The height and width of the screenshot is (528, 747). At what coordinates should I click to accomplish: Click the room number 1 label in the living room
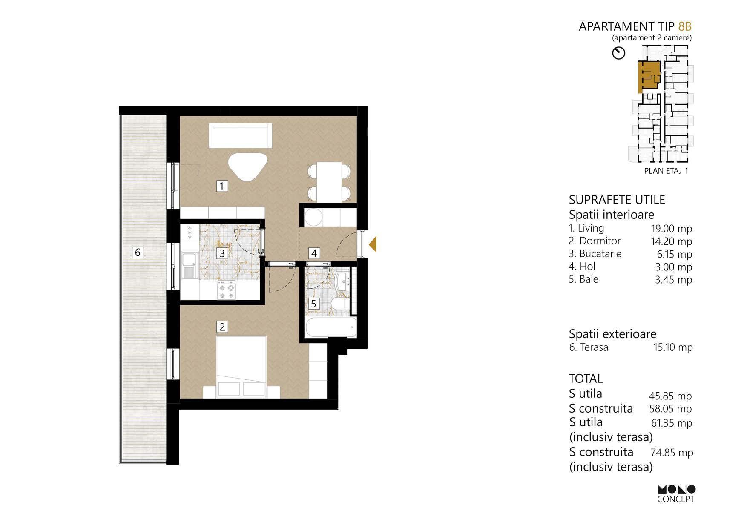coord(222,186)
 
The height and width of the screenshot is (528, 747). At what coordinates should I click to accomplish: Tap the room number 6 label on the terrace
coord(138,253)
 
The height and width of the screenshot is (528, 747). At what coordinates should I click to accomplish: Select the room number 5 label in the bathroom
coord(314,304)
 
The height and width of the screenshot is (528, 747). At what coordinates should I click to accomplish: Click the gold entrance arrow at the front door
coord(373,244)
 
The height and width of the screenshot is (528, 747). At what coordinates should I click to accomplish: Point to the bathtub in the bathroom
coord(330,328)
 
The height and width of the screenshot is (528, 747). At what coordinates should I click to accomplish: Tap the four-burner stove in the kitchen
coord(226,290)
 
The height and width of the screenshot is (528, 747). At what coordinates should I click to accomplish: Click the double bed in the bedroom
coord(241,367)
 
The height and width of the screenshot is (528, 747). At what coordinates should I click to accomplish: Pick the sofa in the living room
coord(240,135)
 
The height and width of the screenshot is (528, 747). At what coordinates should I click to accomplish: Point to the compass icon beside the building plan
coord(618,53)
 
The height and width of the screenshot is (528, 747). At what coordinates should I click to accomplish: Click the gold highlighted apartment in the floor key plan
coord(648,75)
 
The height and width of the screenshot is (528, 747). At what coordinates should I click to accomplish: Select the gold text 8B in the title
coord(685,26)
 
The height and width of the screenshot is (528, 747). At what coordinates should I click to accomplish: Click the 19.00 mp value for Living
coord(672,229)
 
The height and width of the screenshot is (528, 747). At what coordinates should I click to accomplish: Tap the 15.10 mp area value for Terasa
coord(673,347)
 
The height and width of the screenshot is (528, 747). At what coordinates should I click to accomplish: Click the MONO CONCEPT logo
coord(676,494)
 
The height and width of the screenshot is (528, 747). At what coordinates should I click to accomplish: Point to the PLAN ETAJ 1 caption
coord(666,171)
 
